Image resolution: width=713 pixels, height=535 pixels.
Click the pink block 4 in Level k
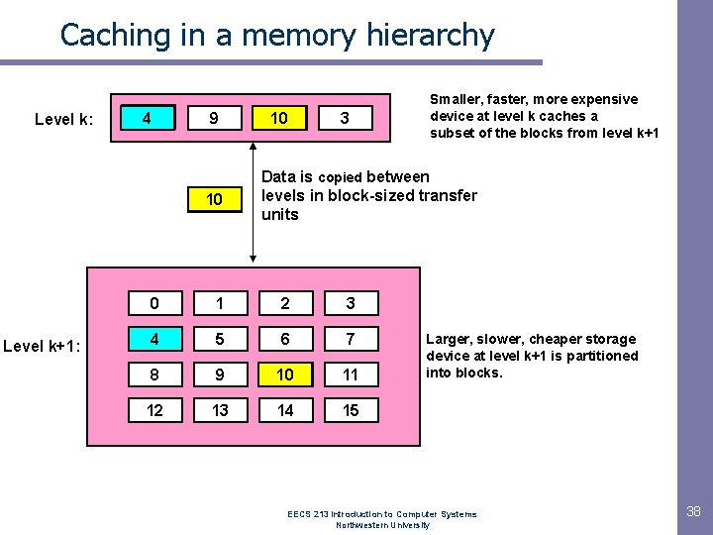click(x=147, y=118)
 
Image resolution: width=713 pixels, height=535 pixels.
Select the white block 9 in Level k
click(x=213, y=119)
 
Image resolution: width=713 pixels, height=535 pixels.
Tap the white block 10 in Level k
click(x=279, y=119)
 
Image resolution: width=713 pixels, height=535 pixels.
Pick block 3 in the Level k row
click(x=345, y=119)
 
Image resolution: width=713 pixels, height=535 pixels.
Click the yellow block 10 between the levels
click(x=213, y=199)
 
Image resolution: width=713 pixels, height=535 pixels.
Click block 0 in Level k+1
click(x=154, y=303)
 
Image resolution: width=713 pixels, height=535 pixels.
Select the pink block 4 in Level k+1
click(x=154, y=339)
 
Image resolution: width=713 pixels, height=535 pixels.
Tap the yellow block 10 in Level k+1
click(x=285, y=374)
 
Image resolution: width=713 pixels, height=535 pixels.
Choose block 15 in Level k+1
click(x=351, y=410)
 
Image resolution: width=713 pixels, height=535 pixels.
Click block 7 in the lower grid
click(x=351, y=339)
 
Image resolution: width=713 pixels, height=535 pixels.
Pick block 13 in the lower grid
click(x=220, y=410)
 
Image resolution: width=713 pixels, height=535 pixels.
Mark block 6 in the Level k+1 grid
click(x=285, y=339)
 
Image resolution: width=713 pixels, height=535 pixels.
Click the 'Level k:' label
click(x=64, y=120)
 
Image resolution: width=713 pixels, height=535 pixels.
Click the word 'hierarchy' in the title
click(x=433, y=36)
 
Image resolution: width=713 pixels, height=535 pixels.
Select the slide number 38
click(x=693, y=511)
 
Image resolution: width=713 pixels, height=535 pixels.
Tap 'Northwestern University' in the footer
click(x=383, y=525)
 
